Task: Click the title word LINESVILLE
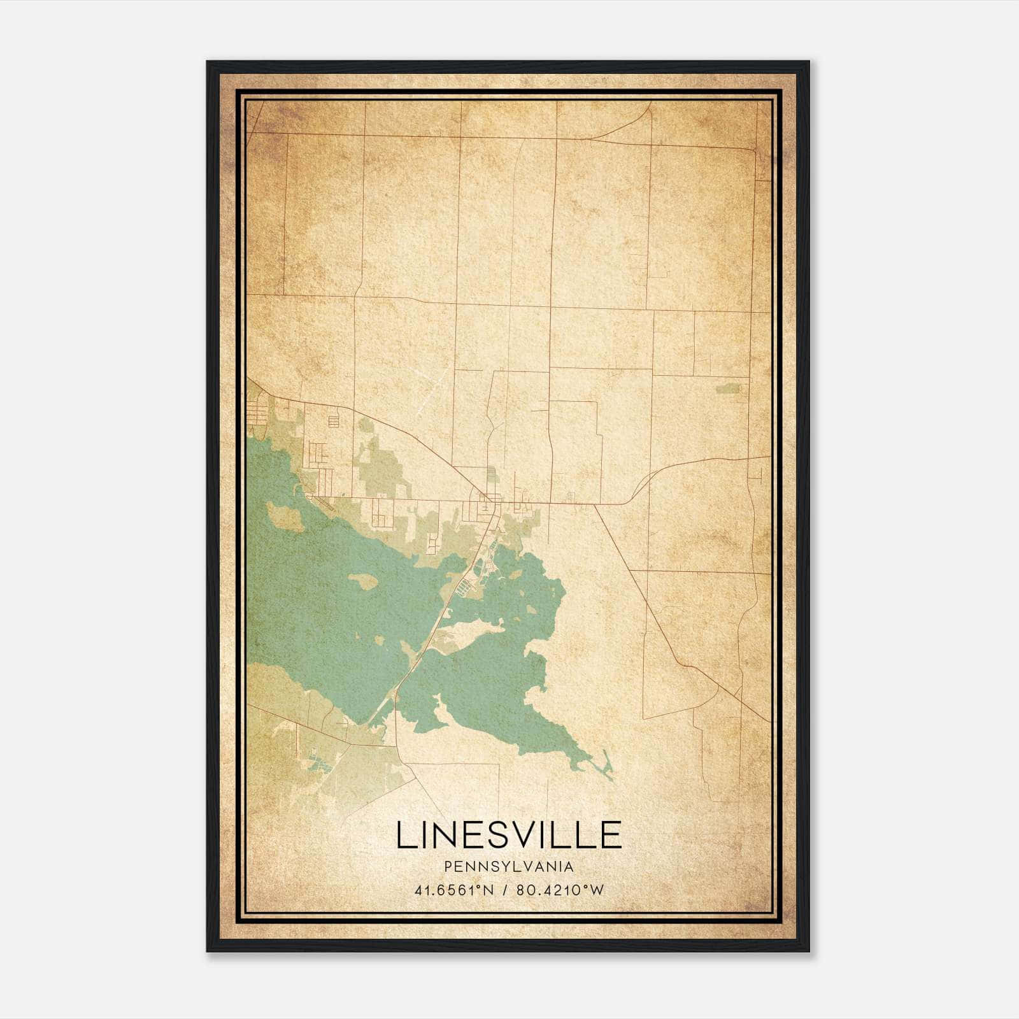[509, 835]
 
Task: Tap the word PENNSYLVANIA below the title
[509, 867]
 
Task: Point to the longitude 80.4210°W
[560, 890]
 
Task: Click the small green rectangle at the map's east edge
[729, 388]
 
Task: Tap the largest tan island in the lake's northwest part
[285, 516]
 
